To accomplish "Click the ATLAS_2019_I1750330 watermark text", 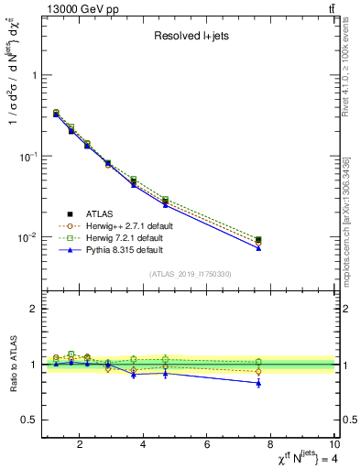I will pos(191,273).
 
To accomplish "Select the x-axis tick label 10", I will pos(334,446).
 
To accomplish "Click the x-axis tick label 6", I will pos(207,446).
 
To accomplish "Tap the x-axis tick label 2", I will pos(81,446).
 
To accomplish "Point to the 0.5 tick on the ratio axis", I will pos(28,420).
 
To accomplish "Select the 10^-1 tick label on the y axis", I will pos(27,157).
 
